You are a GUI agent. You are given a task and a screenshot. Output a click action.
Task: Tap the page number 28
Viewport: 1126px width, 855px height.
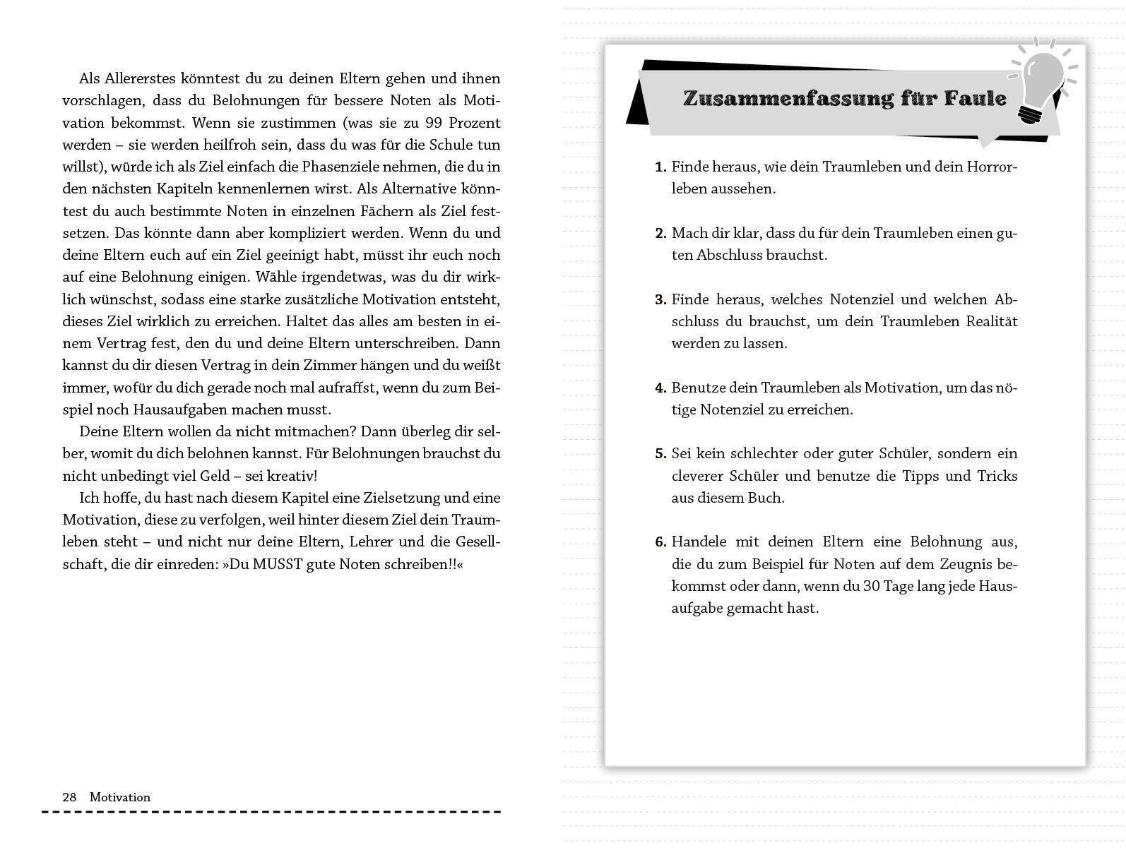coord(69,797)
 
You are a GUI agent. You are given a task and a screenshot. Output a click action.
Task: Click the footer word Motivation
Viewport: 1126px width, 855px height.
coord(120,797)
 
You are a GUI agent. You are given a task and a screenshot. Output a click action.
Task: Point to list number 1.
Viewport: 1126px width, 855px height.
coord(660,167)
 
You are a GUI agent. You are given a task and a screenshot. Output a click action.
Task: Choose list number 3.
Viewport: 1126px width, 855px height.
coord(660,299)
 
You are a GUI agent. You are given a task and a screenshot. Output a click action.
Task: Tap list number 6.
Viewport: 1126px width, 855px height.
coord(660,542)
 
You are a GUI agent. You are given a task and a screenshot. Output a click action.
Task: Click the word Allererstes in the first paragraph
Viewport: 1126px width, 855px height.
coord(143,78)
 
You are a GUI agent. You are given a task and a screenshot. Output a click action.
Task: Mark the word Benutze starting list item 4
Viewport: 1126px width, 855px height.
coord(699,388)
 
